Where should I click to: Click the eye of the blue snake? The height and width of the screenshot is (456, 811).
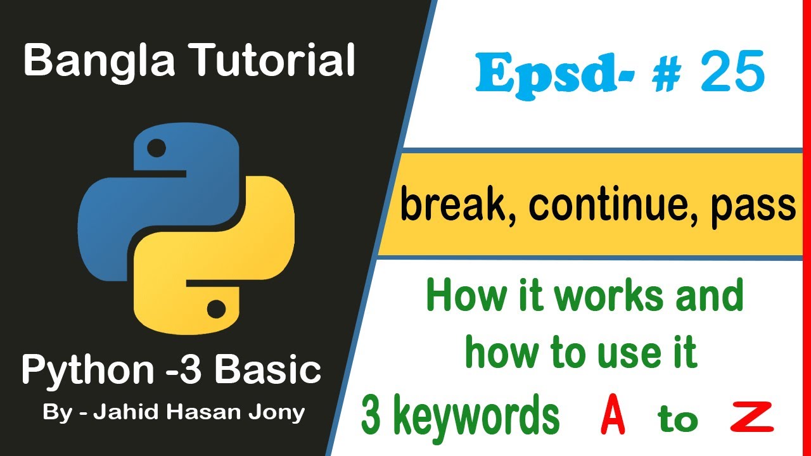156,149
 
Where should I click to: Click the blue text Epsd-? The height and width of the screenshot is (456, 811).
547,74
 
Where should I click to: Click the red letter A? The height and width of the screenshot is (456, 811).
613,419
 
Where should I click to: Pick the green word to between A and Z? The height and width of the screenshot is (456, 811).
677,419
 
